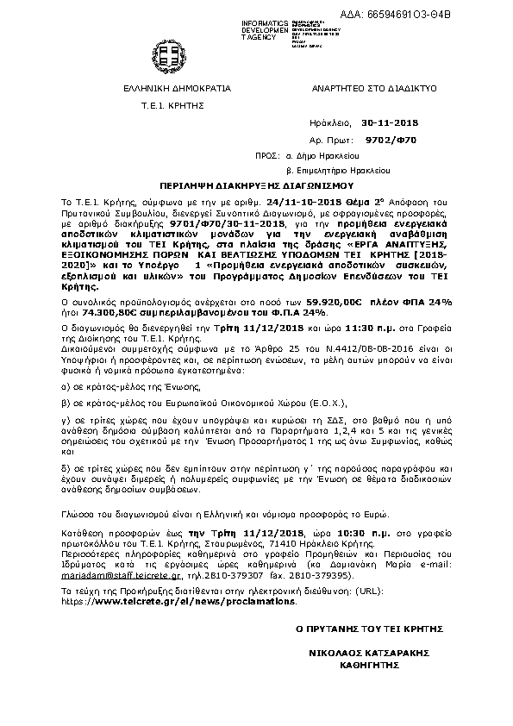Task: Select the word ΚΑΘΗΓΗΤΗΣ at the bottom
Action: click(369, 666)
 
